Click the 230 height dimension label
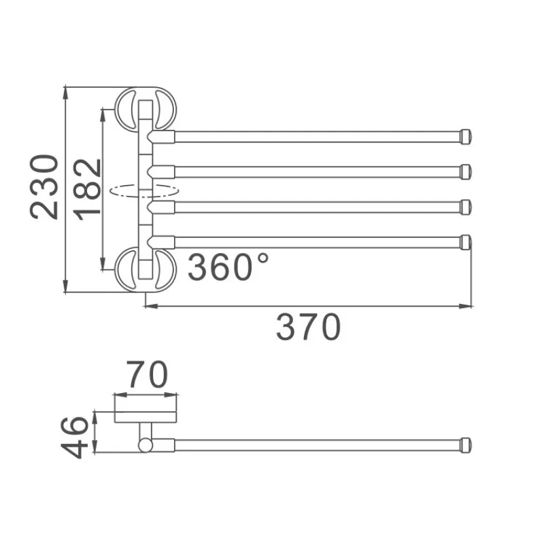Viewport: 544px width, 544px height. tap(45, 187)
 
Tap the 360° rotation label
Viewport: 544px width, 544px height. tap(228, 267)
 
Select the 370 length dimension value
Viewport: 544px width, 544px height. tap(308, 327)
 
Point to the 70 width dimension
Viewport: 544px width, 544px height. tap(147, 375)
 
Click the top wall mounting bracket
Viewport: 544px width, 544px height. tap(145, 108)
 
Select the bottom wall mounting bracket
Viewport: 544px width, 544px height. tap(145, 269)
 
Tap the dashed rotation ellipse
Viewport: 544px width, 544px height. tap(144, 190)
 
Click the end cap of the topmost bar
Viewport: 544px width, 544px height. tap(466, 136)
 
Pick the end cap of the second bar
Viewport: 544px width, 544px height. tap(466, 171)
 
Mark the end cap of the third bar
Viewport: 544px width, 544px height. tap(466, 207)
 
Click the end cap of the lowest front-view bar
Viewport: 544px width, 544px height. tap(466, 242)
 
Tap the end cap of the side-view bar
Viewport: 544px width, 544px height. tap(466, 445)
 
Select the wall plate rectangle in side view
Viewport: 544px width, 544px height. tap(145, 417)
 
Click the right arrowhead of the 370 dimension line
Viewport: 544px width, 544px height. tap(469, 307)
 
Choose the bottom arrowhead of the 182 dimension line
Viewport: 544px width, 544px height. tap(103, 267)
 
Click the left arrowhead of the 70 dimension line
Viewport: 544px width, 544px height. tap(117, 394)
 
